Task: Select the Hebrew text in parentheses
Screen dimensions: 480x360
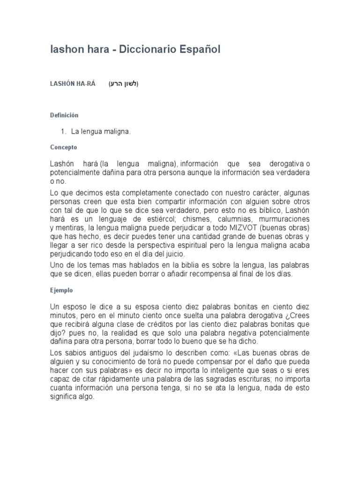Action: tap(124, 84)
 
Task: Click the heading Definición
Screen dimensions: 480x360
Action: tap(64, 115)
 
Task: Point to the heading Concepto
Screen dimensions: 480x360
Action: tap(63, 147)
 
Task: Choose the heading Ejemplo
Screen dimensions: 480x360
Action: tap(61, 290)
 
